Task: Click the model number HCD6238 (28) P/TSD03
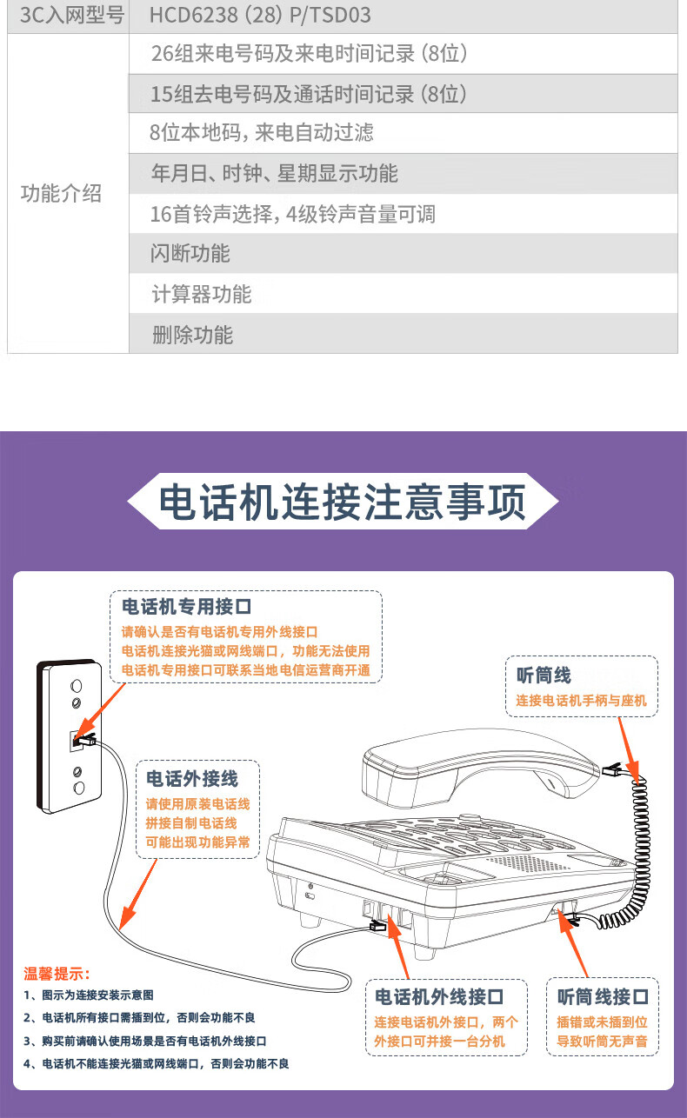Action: click(260, 15)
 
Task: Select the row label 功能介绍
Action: click(61, 193)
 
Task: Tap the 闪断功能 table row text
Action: click(190, 254)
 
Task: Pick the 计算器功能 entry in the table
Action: click(201, 294)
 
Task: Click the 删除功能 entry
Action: click(192, 335)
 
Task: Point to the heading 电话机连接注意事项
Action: click(343, 502)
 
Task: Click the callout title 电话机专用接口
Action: click(186, 607)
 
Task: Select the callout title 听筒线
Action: click(544, 675)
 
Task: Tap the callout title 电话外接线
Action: click(192, 778)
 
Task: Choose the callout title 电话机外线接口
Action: click(439, 996)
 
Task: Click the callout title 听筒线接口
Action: click(604, 996)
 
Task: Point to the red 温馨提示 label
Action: click(57, 974)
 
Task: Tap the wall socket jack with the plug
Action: click(79, 740)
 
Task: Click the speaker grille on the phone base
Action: click(527, 862)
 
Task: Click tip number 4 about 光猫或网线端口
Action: click(156, 1063)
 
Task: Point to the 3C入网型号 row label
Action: click(72, 15)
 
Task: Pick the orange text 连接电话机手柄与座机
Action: click(581, 700)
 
